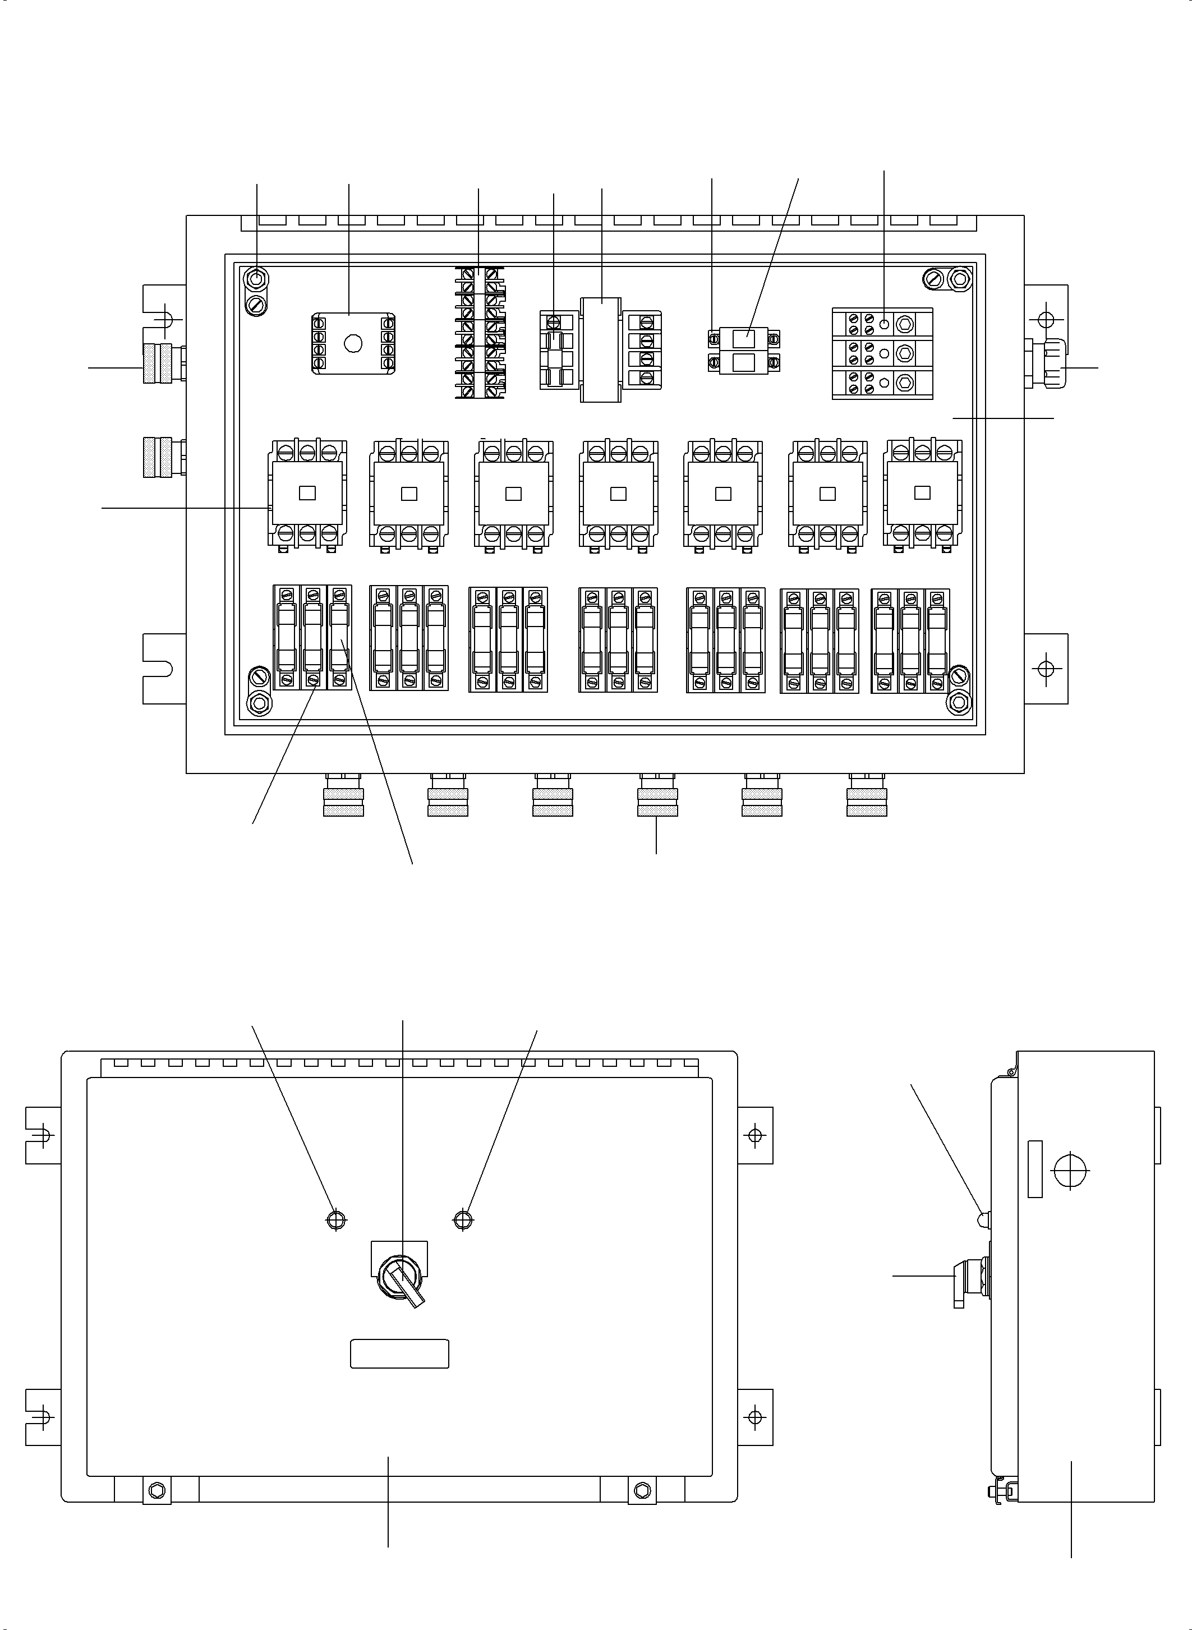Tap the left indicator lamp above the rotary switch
coord(336,1219)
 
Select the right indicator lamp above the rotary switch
coord(463,1219)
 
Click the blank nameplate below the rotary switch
coord(399,1353)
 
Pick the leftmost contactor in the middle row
coord(307,493)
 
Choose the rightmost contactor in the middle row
coord(922,493)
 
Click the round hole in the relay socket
coord(353,343)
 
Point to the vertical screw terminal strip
coord(479,333)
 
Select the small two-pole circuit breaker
coord(743,350)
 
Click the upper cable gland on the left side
coord(163,363)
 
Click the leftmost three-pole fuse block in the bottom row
coord(312,638)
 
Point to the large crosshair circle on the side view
coord(1071,1169)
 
